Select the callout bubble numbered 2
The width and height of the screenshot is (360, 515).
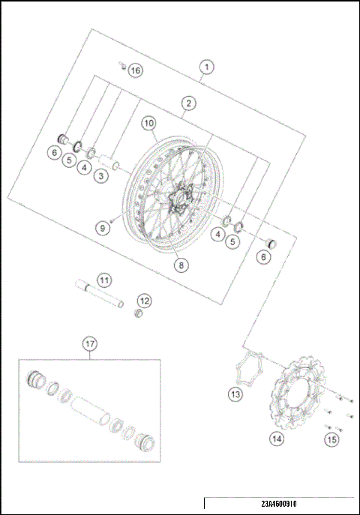(x=189, y=103)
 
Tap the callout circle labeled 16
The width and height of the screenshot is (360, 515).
(x=134, y=70)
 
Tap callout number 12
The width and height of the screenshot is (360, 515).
(x=144, y=301)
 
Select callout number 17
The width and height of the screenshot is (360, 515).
(x=89, y=344)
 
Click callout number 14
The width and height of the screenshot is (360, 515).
(x=277, y=439)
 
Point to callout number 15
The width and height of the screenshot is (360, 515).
(x=331, y=439)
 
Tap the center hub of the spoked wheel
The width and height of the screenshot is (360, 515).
(x=181, y=199)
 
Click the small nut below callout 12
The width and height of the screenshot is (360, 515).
(x=138, y=313)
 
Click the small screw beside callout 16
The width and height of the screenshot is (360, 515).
(x=120, y=66)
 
